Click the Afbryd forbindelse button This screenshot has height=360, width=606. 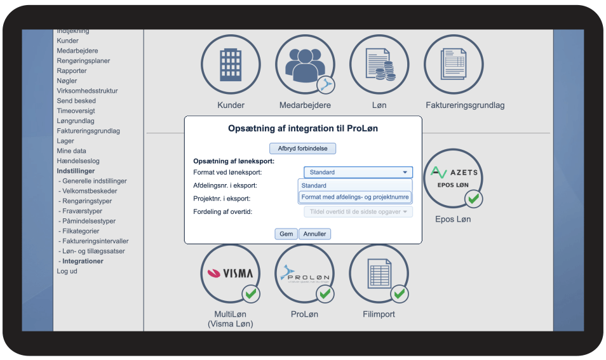click(302, 149)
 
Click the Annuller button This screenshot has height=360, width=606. click(314, 234)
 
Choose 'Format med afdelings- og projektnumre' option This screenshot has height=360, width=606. click(354, 197)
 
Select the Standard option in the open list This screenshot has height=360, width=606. click(314, 185)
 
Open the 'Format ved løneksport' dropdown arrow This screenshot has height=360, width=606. click(405, 172)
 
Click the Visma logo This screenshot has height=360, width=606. click(230, 274)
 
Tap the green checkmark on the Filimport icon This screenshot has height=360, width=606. click(399, 293)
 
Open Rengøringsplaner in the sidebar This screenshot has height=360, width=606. click(83, 61)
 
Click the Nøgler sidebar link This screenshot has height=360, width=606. click(67, 81)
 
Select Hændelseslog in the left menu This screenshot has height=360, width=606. click(78, 161)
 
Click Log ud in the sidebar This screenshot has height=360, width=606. click(67, 271)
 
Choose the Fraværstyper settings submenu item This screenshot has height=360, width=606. click(82, 211)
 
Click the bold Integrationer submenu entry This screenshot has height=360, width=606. click(83, 261)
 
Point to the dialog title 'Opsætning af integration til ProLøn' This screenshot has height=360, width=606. click(302, 129)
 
